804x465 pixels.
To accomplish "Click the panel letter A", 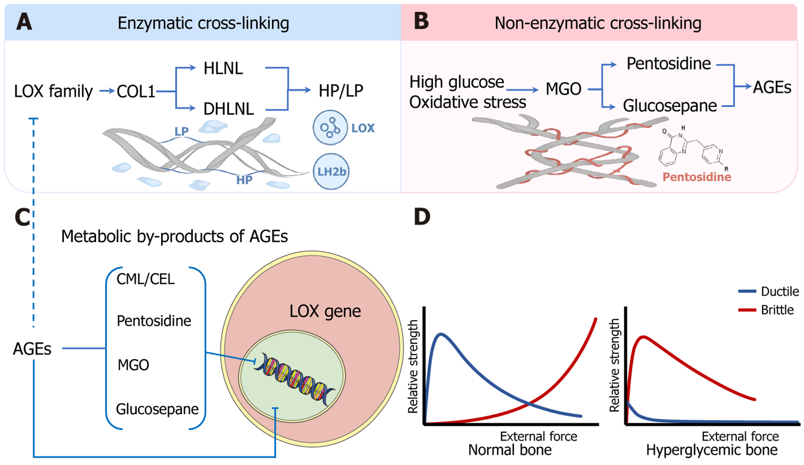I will (x=24, y=22).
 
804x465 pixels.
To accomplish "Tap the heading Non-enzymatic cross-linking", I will (x=598, y=23).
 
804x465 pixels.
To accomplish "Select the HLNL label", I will (x=223, y=68).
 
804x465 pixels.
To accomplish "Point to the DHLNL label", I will (x=229, y=109).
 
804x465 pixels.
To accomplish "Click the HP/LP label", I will (x=341, y=90).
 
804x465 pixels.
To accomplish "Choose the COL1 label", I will (x=136, y=91).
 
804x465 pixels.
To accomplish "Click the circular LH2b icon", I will (x=331, y=171).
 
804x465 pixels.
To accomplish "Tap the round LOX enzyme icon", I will (x=330, y=128).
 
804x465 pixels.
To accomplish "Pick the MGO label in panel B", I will (x=563, y=89).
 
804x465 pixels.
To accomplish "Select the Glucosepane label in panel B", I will (x=670, y=106).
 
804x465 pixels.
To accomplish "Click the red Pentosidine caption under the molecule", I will (x=696, y=177).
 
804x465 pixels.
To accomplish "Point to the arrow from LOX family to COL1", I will (x=107, y=91).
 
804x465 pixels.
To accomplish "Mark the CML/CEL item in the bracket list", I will (x=146, y=279).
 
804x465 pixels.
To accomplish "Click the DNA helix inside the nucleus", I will (x=294, y=378).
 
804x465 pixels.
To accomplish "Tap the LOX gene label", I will (x=325, y=311).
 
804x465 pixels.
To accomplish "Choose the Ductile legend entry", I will (x=780, y=291).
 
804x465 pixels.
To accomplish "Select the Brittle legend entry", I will (x=777, y=310).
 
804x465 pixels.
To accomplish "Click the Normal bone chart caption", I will (x=510, y=450).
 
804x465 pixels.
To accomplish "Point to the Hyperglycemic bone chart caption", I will (x=712, y=450).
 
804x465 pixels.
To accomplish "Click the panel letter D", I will (x=422, y=217).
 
